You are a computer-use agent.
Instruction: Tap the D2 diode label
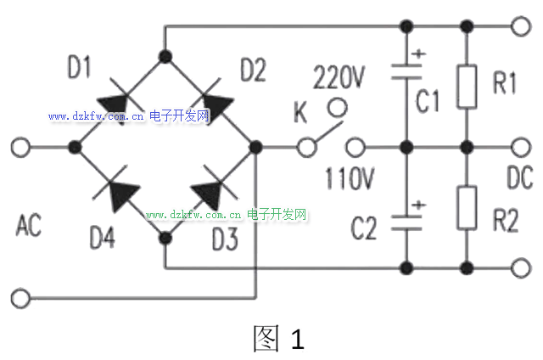coord(253,70)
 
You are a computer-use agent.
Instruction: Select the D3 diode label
coord(225,239)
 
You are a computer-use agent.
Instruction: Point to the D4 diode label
coord(102,238)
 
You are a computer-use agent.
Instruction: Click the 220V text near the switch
coord(339,77)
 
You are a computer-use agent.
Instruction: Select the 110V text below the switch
coord(350,178)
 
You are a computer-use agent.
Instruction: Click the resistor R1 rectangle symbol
coord(467,87)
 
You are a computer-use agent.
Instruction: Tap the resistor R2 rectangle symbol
coord(467,208)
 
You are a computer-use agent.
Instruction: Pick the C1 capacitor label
coord(428,100)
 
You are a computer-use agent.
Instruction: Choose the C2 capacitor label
coord(364,228)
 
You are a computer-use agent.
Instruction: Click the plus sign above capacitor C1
coord(418,53)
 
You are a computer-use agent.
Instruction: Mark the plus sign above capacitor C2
coord(418,205)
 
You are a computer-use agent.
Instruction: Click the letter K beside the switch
coord(300,112)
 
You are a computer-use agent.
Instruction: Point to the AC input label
coord(29,225)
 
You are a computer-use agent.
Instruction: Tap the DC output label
coord(519,177)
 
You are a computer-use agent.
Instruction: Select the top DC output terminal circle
coord(521,26)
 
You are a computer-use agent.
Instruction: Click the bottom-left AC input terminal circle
coord(20,298)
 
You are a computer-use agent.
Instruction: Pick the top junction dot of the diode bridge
coord(165,56)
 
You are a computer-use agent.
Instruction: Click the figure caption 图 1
coord(279,338)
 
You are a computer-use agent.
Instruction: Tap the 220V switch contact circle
coord(338,108)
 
